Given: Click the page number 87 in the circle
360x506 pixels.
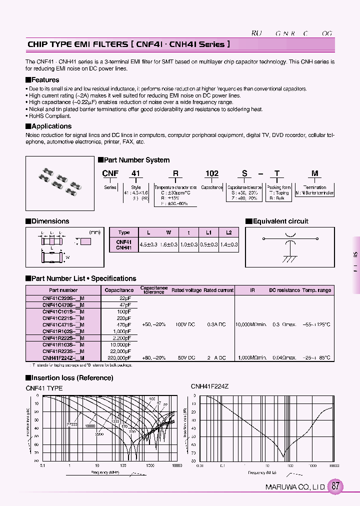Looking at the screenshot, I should [336, 486].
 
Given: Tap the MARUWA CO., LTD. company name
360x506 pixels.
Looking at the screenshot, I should [294, 487].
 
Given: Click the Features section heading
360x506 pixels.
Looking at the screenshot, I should [45, 80].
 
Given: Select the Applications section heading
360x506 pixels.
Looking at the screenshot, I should [51, 126].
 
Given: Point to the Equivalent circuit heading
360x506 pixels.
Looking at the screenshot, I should [280, 221].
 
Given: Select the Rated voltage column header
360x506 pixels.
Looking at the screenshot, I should [186, 290].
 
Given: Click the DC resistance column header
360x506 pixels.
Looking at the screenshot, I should [284, 290].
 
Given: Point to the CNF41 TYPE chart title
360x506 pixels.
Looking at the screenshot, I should [44, 388].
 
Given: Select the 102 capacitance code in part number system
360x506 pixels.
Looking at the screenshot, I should [212, 173].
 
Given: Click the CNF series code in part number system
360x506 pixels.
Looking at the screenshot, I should [110, 173].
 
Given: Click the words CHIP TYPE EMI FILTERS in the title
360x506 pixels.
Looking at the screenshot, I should [77, 44].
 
